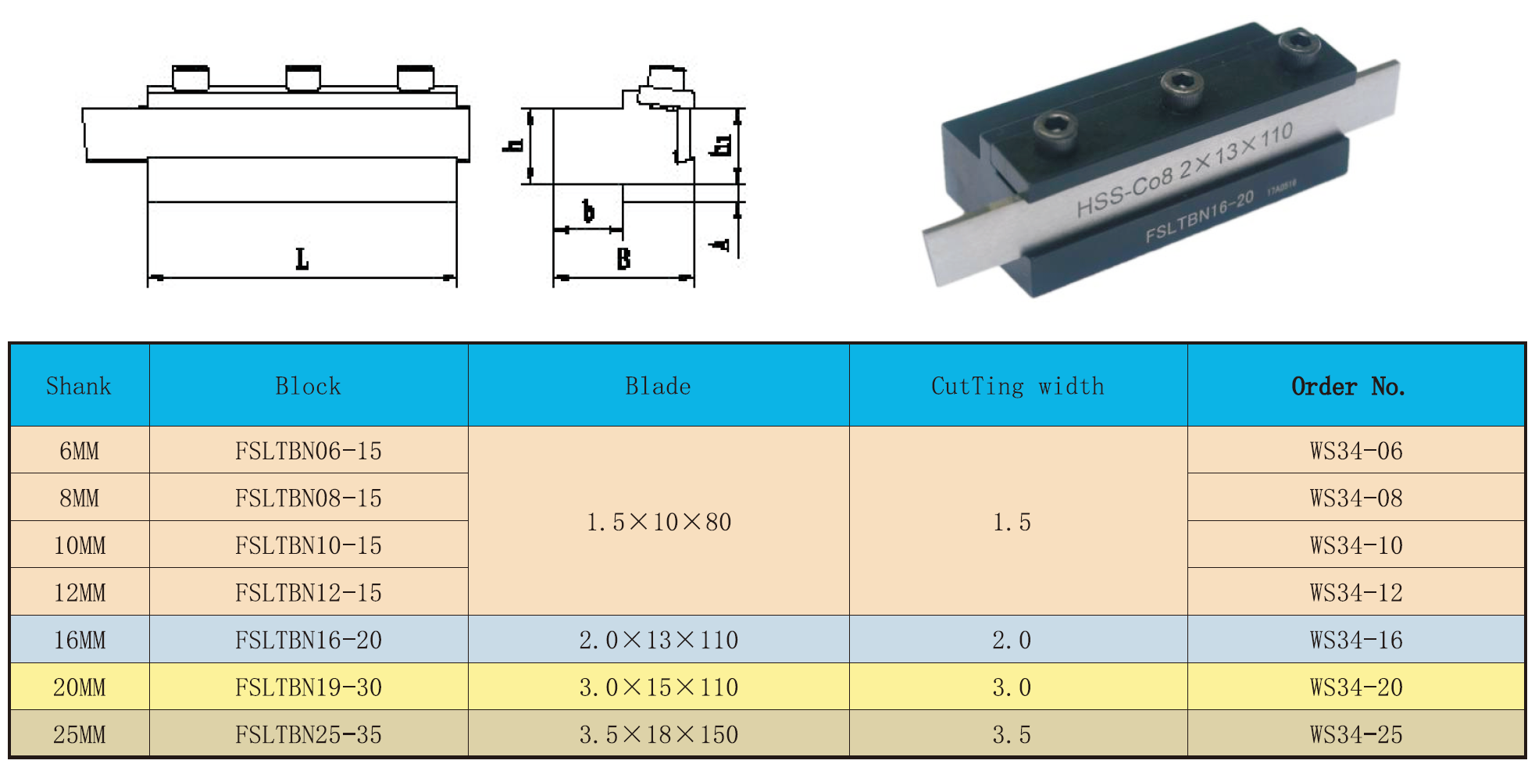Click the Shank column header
click(x=79, y=386)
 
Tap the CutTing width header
click(x=1018, y=386)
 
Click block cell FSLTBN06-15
click(x=309, y=451)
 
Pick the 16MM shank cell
click(x=79, y=640)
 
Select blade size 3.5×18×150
click(x=659, y=734)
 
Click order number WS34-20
click(x=1355, y=687)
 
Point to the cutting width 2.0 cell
click(x=1012, y=640)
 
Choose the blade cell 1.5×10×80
click(x=659, y=521)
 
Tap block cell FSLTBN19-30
click(x=309, y=687)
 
